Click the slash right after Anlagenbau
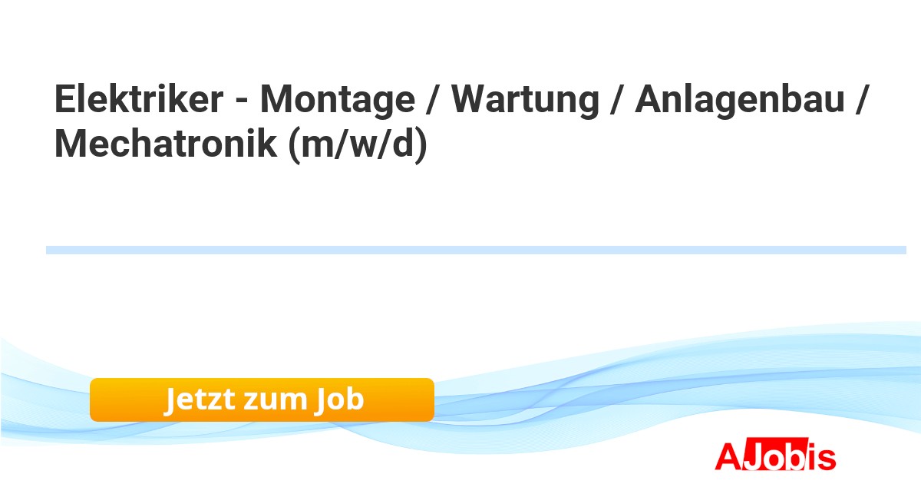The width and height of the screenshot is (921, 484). (x=861, y=100)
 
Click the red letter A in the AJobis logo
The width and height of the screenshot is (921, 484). (x=728, y=456)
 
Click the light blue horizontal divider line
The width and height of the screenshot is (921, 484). (x=476, y=250)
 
